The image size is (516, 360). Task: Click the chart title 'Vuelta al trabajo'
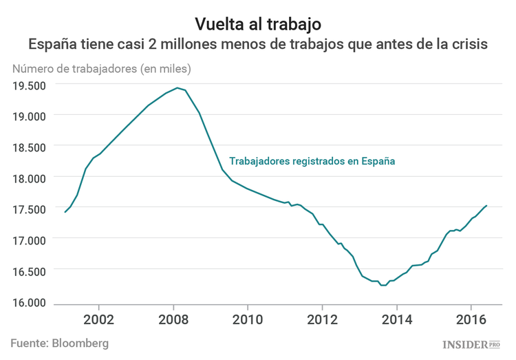pos(258,25)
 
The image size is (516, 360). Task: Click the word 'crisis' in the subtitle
pos(468,45)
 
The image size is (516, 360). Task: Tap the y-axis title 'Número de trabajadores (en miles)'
pos(101,69)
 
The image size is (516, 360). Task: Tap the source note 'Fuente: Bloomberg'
pos(59,343)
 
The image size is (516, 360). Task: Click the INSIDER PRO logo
pos(470,343)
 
